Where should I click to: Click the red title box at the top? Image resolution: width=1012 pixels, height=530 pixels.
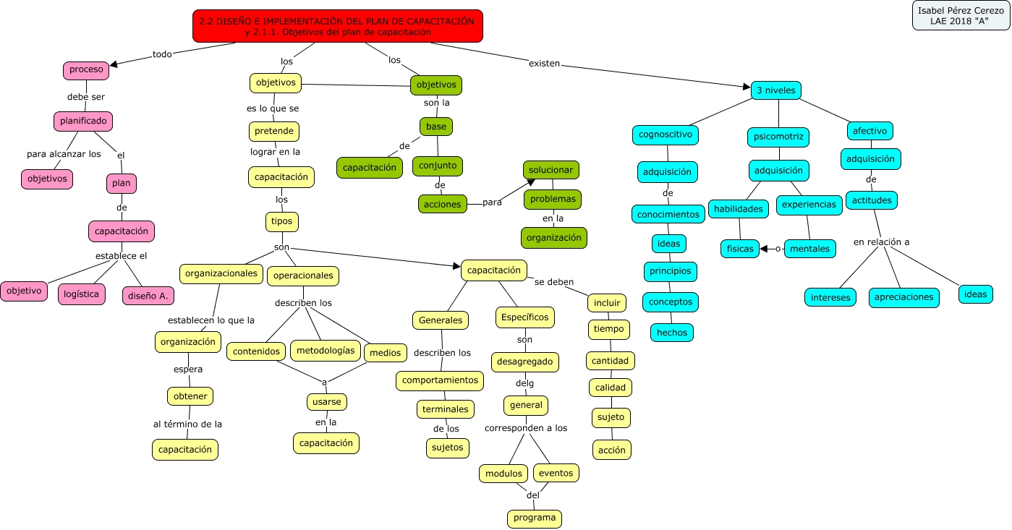click(338, 26)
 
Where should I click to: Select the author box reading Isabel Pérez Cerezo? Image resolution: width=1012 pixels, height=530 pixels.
click(960, 16)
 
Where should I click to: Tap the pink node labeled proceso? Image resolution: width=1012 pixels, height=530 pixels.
click(86, 70)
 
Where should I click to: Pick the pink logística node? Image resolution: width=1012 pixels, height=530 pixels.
click(82, 294)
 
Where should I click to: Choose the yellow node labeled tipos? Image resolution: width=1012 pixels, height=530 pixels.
click(282, 221)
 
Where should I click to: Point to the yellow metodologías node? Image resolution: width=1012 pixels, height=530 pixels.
click(326, 351)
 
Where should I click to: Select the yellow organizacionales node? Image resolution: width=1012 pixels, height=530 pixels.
click(221, 273)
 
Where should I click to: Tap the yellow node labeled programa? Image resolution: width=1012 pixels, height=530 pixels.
click(535, 518)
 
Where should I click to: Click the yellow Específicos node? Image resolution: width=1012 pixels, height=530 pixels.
click(525, 317)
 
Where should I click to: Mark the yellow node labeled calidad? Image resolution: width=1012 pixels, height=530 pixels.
click(611, 388)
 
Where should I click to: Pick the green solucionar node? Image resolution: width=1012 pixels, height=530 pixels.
click(551, 170)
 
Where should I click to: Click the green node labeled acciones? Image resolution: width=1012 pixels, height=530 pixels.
click(443, 204)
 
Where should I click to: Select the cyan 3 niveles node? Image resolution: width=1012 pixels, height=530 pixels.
click(776, 90)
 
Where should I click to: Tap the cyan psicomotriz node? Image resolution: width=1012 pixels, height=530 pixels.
click(778, 137)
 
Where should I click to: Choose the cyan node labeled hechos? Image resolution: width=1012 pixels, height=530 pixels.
click(672, 332)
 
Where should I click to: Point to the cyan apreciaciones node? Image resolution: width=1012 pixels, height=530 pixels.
click(904, 296)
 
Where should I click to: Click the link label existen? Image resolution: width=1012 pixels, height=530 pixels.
click(545, 64)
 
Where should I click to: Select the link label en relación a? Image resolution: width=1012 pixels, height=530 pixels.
click(881, 242)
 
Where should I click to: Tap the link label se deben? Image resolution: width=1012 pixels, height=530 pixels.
click(554, 282)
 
